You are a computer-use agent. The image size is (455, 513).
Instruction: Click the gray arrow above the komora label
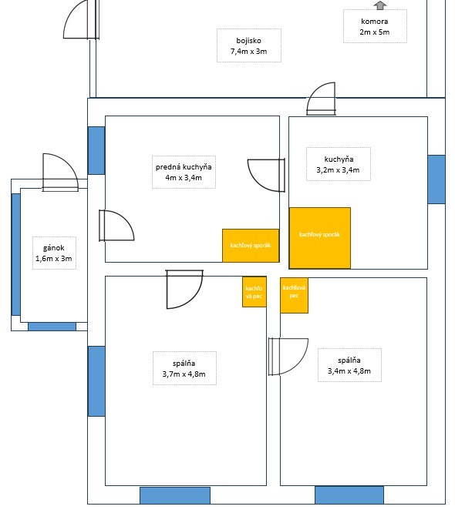click(x=380, y=5)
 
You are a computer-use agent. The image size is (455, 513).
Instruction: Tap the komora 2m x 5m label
click(x=375, y=26)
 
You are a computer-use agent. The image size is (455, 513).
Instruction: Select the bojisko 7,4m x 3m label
click(x=249, y=45)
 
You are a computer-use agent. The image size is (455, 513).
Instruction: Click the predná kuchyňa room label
click(x=184, y=172)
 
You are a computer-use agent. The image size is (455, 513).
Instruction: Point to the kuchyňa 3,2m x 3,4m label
click(x=339, y=164)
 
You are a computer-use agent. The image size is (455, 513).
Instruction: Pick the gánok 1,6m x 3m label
click(x=54, y=253)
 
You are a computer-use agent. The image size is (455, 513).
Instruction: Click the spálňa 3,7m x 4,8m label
click(x=184, y=368)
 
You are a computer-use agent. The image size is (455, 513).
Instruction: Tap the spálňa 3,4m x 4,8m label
click(x=349, y=365)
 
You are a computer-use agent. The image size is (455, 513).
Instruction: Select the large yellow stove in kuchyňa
click(x=320, y=238)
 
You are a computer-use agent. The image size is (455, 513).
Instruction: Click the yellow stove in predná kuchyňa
click(x=251, y=246)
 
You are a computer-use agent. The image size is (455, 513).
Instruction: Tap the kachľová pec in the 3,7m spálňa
click(x=254, y=292)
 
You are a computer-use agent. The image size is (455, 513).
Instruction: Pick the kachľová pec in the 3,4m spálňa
click(x=294, y=296)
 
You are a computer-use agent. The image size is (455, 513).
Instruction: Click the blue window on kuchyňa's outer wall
click(x=436, y=179)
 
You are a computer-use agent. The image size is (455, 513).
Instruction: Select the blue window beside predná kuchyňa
click(x=96, y=150)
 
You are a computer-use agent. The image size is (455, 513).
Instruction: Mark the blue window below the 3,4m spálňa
click(x=349, y=495)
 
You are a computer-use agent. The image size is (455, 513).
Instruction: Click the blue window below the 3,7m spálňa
click(x=175, y=495)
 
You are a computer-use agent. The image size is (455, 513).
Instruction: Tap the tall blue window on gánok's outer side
click(x=16, y=254)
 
